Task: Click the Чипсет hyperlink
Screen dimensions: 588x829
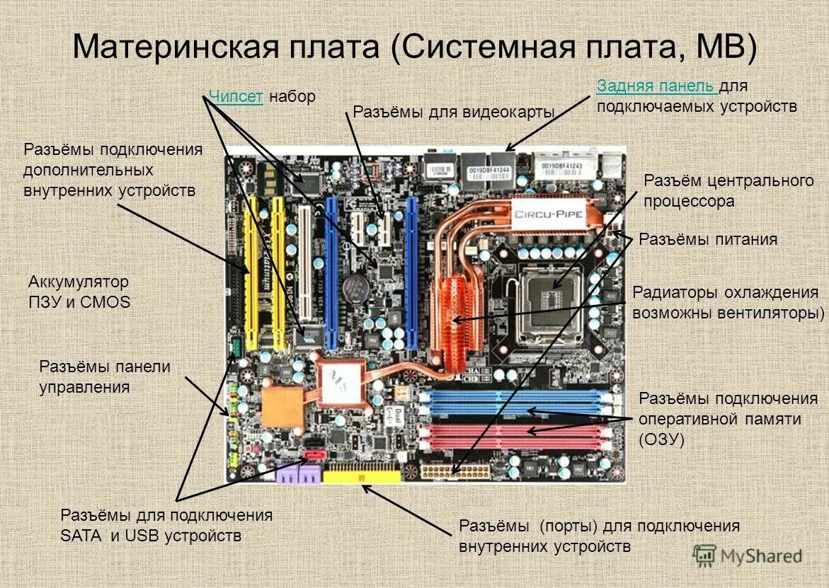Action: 236,97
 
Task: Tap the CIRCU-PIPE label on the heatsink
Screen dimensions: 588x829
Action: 551,212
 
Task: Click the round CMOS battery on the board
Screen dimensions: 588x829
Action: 354,287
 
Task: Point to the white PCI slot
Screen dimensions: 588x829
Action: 304,269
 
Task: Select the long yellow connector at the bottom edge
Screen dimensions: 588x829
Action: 362,475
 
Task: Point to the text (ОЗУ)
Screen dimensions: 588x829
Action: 661,439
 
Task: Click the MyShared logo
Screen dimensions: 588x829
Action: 748,556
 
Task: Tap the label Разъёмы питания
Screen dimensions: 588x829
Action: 708,239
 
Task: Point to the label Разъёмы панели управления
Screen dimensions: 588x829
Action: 105,376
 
